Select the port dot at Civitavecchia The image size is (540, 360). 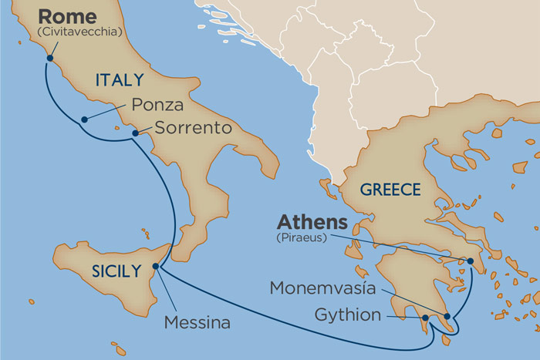click(50, 57)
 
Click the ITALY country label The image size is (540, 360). click(119, 79)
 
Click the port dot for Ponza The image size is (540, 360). click(83, 119)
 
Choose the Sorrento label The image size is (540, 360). click(193, 128)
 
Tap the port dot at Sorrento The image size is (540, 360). click(135, 133)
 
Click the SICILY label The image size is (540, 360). click(116, 270)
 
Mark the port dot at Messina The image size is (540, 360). click(156, 267)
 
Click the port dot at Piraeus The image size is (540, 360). click(471, 261)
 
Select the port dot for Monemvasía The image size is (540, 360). click(447, 316)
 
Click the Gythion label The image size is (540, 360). click(348, 315)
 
